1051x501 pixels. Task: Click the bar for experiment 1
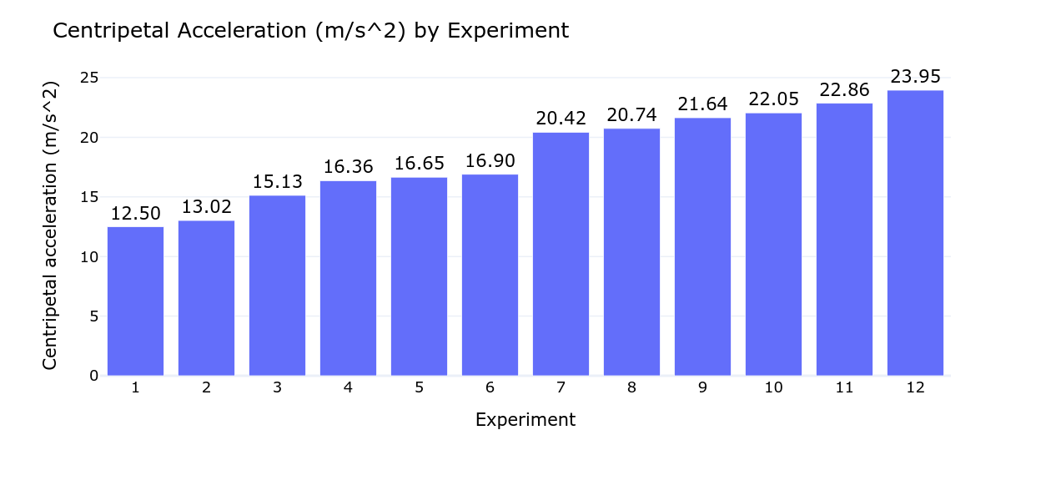(135, 301)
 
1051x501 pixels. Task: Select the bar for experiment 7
(561, 254)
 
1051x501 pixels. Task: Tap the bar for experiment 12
(915, 233)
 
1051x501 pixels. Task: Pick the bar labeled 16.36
(348, 278)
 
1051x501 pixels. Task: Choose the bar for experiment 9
(702, 246)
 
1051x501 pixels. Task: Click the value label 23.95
(915, 77)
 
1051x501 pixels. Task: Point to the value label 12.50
(135, 214)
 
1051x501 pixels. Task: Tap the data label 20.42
(561, 119)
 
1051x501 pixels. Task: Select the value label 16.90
(490, 160)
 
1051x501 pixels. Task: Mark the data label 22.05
(773, 99)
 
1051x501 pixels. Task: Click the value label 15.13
(277, 181)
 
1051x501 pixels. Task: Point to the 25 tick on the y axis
(88, 78)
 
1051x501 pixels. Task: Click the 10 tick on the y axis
(88, 256)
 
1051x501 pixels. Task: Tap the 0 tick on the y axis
(93, 376)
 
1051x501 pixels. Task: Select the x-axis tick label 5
(419, 387)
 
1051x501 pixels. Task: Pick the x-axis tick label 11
(844, 387)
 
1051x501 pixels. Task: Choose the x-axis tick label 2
(206, 387)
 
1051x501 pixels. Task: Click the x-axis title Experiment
(525, 420)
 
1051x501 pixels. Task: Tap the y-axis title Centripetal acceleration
(50, 225)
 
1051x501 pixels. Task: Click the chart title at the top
(310, 31)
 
